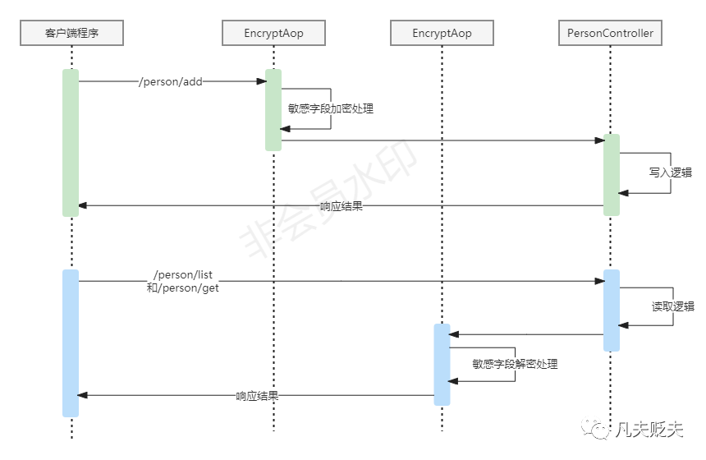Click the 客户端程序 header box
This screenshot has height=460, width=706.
72,33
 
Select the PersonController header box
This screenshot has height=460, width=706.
610,33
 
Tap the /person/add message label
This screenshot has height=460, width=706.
171,81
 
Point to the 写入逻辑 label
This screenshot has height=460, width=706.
670,172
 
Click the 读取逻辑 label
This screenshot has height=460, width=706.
673,306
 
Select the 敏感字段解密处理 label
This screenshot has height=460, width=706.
515,363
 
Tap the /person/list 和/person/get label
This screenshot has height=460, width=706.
183,281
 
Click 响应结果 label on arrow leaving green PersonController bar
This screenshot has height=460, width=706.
342,205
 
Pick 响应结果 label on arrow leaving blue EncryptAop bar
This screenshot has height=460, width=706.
257,396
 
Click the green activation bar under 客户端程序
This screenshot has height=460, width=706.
71,143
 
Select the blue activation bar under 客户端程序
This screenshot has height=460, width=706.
71,343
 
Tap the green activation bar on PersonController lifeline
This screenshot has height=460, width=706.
611,175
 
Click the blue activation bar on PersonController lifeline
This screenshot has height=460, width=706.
611,310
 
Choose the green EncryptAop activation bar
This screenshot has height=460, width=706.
273,109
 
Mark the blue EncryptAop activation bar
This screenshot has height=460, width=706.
442,364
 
